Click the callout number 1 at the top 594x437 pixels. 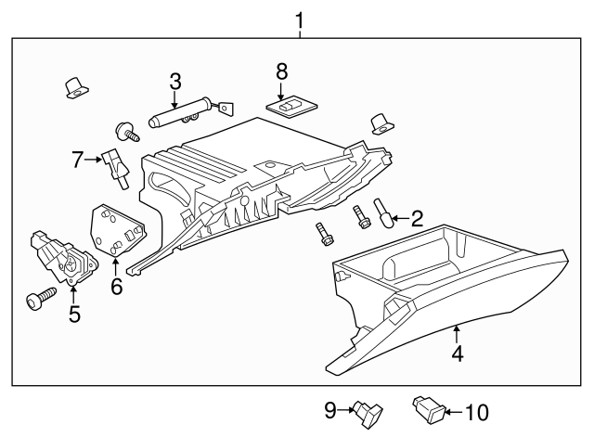299,20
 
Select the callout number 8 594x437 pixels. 281,71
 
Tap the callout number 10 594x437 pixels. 477,412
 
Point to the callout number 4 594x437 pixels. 458,353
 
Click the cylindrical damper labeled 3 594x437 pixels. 179,112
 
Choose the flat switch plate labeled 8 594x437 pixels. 291,106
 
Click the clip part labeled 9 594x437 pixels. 368,414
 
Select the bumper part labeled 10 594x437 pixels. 429,411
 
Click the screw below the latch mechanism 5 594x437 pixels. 42,298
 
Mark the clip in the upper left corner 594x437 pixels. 77,88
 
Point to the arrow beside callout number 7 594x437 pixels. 94,160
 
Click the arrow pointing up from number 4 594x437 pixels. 458,335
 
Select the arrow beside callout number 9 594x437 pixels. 346,410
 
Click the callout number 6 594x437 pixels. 117,287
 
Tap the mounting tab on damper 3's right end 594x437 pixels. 226,108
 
